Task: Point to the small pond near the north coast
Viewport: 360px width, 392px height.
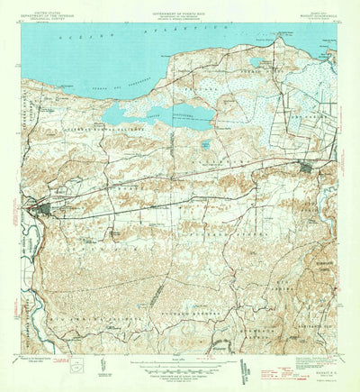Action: tap(256, 62)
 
